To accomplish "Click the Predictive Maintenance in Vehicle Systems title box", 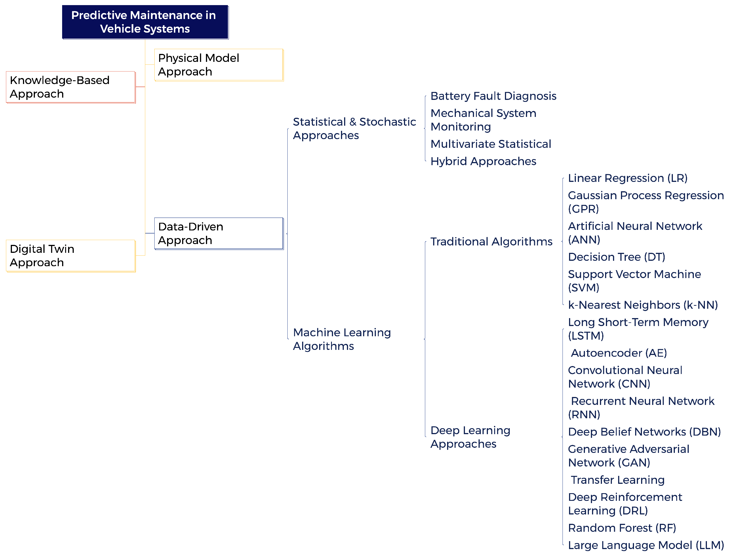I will [145, 22].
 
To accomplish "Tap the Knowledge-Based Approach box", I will [71, 87].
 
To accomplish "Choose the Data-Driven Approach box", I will [218, 233].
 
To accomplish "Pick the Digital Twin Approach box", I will [71, 256].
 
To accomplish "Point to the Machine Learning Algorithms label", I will [342, 339].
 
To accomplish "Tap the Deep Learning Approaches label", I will [470, 437].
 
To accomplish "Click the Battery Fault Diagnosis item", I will [493, 96].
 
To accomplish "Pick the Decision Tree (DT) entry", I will [616, 257].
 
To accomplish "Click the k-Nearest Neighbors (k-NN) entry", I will [643, 305].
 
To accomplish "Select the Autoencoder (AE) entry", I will [619, 353].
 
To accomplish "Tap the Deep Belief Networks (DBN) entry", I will [644, 432].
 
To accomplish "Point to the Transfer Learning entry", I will [617, 480].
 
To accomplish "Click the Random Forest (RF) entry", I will [622, 528].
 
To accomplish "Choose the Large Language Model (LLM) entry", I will [646, 545].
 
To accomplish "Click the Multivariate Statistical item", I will [490, 144].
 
